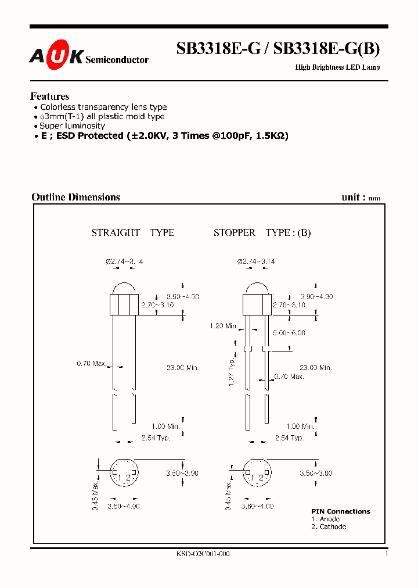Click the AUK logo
[56, 55]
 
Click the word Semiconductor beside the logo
[117, 59]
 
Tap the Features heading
[49, 96]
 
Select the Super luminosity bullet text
[72, 126]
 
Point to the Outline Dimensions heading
[75, 197]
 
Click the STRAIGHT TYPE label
[132, 232]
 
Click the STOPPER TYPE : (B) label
[262, 232]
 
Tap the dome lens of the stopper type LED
[256, 288]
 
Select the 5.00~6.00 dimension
[289, 333]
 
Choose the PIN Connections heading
[340, 511]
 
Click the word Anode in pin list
[330, 519]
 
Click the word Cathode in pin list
[333, 526]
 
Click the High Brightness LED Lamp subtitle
[338, 67]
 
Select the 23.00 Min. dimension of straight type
[182, 368]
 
